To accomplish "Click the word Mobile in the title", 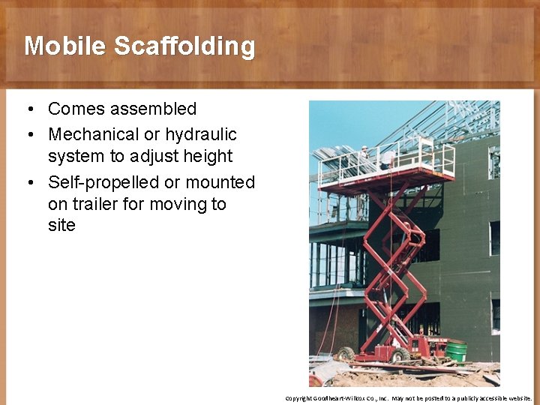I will [66, 46].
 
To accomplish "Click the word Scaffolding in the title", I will [184, 46].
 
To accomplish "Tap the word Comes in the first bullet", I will [76, 109].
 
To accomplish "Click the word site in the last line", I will [61, 225].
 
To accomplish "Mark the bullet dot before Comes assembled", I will [28, 109].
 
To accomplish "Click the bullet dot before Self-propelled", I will [28, 183].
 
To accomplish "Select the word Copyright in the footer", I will [298, 398].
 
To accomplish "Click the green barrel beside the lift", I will [455, 351].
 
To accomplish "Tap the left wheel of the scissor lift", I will [346, 353].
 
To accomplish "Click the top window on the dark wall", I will [493, 161].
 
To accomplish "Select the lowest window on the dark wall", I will [495, 315].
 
